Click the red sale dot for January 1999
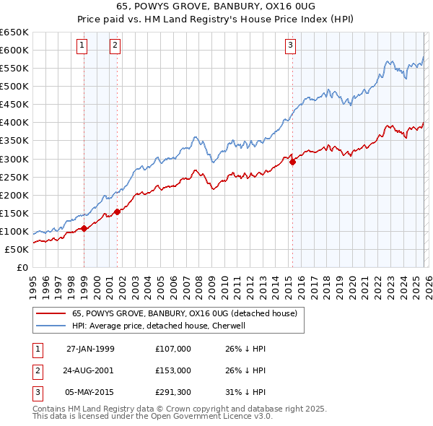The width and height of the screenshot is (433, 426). point(84,228)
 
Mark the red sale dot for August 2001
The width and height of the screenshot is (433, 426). point(117,212)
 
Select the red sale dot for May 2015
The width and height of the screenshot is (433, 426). point(292,162)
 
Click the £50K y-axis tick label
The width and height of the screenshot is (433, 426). point(17,249)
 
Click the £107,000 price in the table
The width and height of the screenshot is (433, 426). point(172,349)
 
